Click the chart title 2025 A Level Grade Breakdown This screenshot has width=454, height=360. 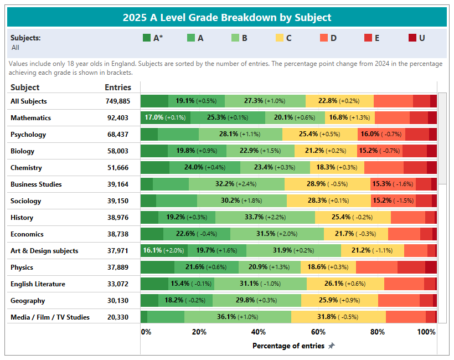[x=226, y=17]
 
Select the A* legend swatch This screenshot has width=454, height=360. [x=147, y=38]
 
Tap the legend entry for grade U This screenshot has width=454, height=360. [x=416, y=38]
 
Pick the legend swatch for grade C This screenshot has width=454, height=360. [x=280, y=38]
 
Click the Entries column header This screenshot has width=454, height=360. [x=118, y=87]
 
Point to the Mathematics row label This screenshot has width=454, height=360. [x=30, y=118]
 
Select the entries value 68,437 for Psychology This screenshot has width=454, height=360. [x=118, y=135]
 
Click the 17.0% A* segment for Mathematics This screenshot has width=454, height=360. [x=166, y=117]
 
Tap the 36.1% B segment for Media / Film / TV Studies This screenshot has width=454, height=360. [x=238, y=317]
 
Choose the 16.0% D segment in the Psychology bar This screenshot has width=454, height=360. [x=381, y=134]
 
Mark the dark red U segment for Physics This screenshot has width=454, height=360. [x=431, y=267]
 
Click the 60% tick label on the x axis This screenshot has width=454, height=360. [x=318, y=332]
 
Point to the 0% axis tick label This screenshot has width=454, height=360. [x=146, y=332]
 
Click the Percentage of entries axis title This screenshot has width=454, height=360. [x=288, y=346]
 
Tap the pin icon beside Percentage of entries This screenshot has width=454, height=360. [x=331, y=346]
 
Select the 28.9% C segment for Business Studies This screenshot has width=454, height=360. [x=327, y=184]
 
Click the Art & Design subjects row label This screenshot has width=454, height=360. [x=44, y=251]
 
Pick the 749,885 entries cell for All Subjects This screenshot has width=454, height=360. [x=118, y=101]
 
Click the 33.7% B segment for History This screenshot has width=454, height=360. [x=265, y=217]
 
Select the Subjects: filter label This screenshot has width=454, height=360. [x=25, y=38]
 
